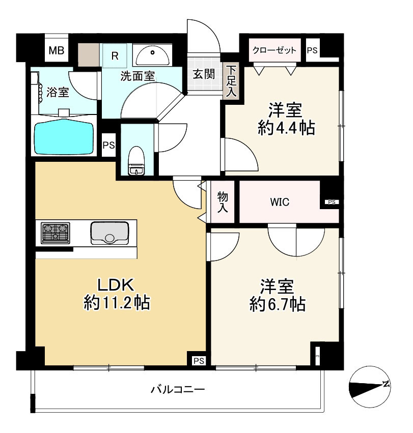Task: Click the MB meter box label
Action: (57, 50)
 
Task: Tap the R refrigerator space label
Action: (115, 56)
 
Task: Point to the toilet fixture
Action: (136, 161)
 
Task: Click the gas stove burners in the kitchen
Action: (56, 234)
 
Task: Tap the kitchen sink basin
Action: (109, 234)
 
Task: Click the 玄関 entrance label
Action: (204, 74)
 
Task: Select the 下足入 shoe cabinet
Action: (231, 81)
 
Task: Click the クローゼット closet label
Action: (274, 50)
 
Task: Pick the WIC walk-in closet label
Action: (280, 202)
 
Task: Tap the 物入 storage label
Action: (223, 202)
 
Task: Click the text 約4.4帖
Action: (286, 128)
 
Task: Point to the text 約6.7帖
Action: (278, 304)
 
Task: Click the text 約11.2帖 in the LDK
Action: (117, 302)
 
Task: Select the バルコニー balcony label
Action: (178, 389)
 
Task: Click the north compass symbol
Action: (370, 387)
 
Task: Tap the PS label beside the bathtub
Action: (108, 145)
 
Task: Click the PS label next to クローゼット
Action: (312, 50)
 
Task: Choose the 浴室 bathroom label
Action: (58, 92)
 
